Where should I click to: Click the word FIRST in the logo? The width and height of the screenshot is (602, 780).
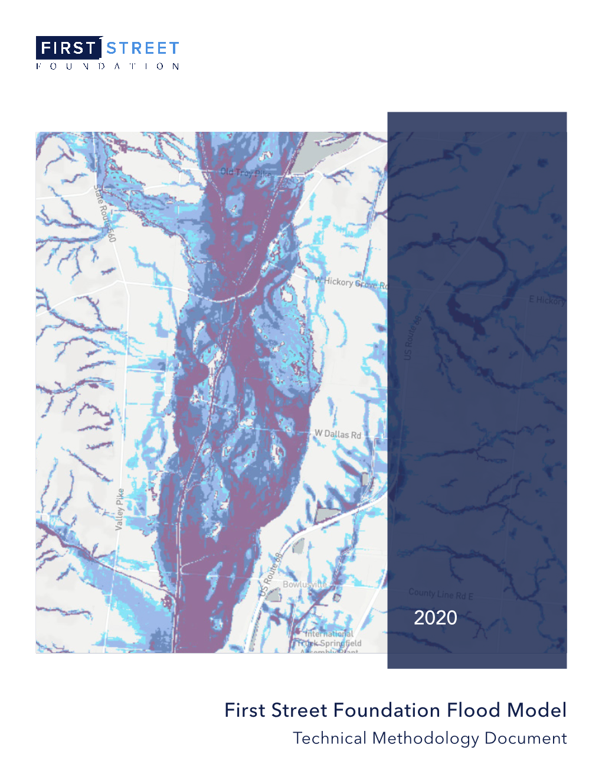(x=68, y=48)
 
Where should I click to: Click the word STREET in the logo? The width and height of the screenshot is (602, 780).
(x=142, y=48)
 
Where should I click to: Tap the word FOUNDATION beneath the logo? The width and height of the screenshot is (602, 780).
(x=107, y=66)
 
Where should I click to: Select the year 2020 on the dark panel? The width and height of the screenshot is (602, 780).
(x=435, y=617)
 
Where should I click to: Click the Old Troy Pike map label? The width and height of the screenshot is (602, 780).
(x=246, y=173)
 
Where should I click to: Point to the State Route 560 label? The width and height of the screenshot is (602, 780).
(x=104, y=213)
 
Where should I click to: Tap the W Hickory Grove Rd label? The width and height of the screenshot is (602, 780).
(x=351, y=282)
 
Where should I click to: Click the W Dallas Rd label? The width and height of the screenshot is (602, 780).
(x=338, y=434)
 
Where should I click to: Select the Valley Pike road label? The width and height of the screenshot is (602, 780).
(x=120, y=509)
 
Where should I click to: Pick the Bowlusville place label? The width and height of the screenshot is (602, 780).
(x=305, y=584)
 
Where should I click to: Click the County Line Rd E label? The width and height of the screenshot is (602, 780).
(x=440, y=593)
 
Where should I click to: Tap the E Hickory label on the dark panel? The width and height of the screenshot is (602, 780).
(x=547, y=300)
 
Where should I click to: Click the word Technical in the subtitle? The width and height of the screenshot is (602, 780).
(x=330, y=738)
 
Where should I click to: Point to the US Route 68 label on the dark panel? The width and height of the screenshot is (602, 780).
(x=412, y=338)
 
